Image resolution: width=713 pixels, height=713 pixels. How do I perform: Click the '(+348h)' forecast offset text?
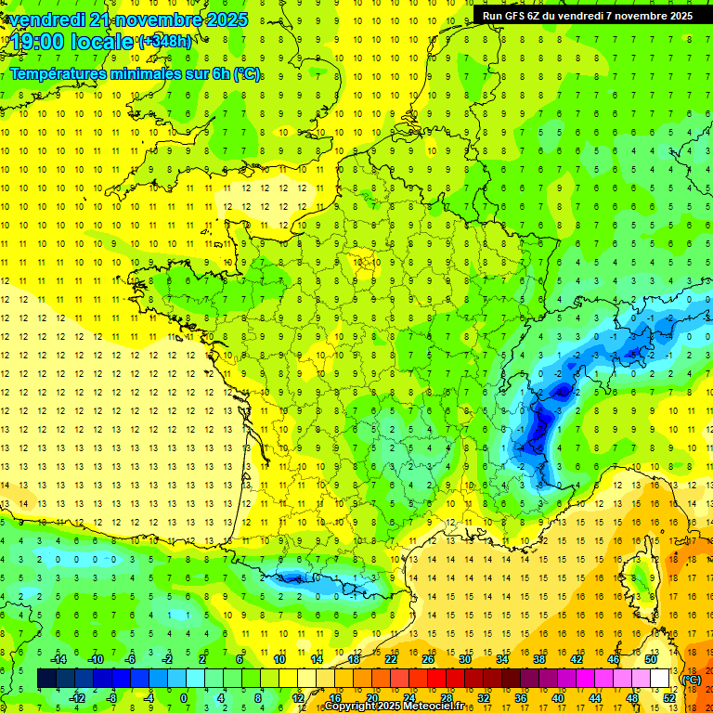pyautogui.click(x=164, y=41)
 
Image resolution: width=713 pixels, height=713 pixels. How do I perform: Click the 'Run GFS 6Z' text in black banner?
pyautogui.click(x=521, y=16)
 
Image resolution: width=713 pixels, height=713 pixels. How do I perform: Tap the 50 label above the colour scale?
pyautogui.click(x=650, y=658)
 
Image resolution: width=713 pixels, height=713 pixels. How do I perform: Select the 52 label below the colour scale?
pyautogui.click(x=668, y=698)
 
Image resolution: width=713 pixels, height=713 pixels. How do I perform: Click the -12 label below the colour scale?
pyautogui.click(x=77, y=698)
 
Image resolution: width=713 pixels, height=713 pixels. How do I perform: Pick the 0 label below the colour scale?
pyautogui.click(x=184, y=698)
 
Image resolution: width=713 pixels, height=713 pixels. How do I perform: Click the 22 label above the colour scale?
pyautogui.click(x=391, y=658)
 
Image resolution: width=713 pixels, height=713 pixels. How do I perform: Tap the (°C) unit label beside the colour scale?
pyautogui.click(x=691, y=680)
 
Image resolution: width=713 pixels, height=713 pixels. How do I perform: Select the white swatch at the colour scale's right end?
pyautogui.click(x=659, y=679)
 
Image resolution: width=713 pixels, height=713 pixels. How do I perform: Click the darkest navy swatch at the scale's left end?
pyautogui.click(x=46, y=679)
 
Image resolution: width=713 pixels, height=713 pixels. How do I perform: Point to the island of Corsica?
pyautogui.click(x=638, y=576)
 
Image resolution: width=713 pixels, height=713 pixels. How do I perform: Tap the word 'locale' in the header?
pyautogui.click(x=104, y=42)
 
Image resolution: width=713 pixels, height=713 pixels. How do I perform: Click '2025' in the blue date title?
pyautogui.click(x=222, y=19)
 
